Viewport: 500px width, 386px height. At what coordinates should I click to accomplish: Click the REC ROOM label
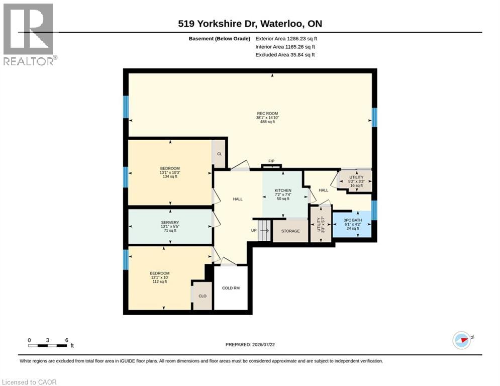(x=267, y=113)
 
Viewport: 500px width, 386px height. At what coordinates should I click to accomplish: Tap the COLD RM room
(x=231, y=288)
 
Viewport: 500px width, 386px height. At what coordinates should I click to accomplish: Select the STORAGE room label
(x=290, y=231)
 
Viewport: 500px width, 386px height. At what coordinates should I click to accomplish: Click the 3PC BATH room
(x=352, y=224)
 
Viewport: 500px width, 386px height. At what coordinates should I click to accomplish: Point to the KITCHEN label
(x=283, y=190)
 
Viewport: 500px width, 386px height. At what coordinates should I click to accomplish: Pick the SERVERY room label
(x=170, y=222)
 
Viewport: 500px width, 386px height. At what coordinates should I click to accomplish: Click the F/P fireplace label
(x=271, y=161)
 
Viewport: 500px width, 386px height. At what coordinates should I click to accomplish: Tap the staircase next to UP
(x=264, y=230)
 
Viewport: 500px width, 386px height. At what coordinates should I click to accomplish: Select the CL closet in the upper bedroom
(x=220, y=154)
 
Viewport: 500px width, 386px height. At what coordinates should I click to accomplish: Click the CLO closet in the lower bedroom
(x=203, y=296)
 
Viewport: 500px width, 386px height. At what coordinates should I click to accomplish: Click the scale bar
(x=48, y=345)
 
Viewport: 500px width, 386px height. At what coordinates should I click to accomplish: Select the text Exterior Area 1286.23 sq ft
(x=286, y=39)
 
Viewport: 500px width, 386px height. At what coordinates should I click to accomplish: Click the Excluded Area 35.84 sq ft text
(x=285, y=55)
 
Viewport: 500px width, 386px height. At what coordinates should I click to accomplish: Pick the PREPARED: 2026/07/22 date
(x=250, y=344)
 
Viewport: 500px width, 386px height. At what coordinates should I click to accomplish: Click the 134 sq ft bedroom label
(x=170, y=176)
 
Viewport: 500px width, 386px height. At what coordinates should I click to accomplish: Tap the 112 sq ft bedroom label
(x=160, y=281)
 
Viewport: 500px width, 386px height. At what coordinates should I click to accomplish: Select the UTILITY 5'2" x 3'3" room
(x=356, y=181)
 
